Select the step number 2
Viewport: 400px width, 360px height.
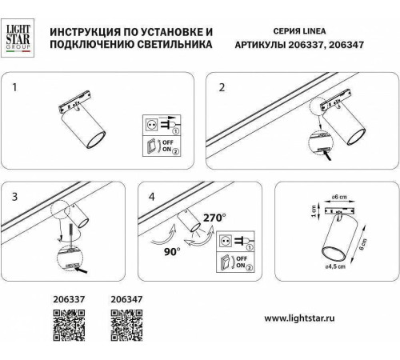pyautogui.click(x=222, y=86)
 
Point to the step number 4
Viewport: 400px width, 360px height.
pyautogui.click(x=141, y=195)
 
